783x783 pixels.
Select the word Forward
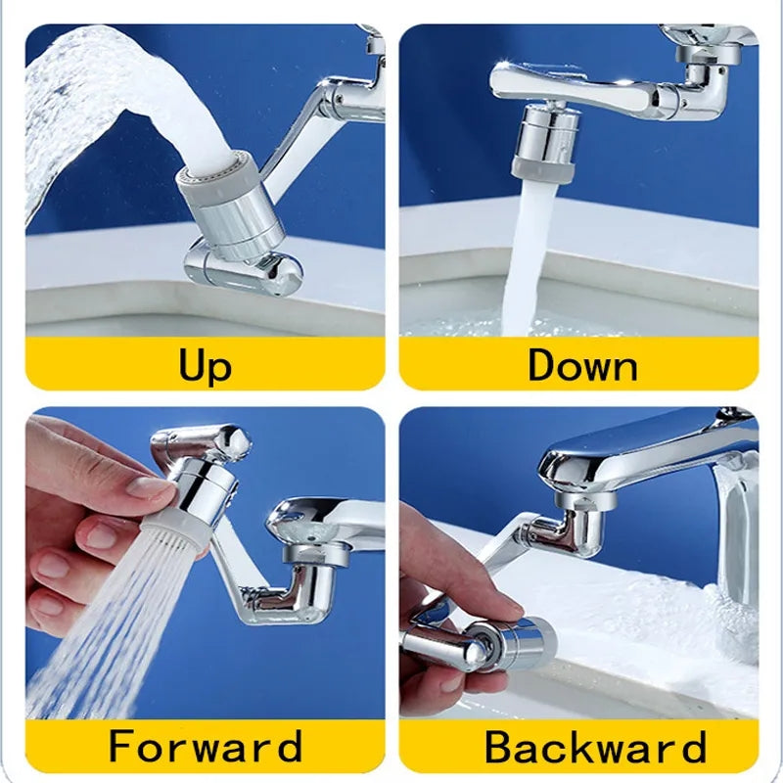coord(205,746)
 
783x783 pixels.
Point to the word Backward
coord(594,748)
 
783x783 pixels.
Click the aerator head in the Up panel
coord(232,201)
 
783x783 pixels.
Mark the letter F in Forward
coord(121,746)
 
